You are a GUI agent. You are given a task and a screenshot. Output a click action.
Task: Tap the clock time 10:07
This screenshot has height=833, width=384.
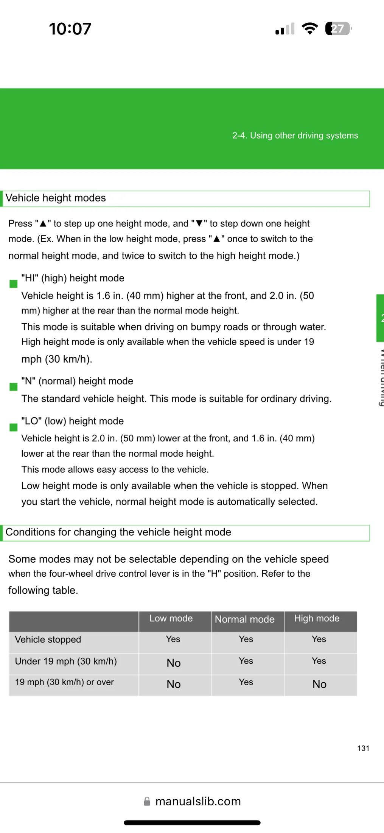[70, 29]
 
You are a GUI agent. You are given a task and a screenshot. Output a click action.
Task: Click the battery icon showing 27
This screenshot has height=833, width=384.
[338, 29]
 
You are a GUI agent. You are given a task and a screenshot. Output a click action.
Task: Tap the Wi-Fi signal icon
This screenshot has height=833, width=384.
[309, 29]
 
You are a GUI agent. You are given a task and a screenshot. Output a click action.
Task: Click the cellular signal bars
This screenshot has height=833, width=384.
[285, 29]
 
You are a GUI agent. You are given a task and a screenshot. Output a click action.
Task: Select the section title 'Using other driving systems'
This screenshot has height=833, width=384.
[295, 136]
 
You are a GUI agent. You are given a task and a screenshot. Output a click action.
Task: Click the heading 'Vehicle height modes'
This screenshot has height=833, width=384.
[56, 198]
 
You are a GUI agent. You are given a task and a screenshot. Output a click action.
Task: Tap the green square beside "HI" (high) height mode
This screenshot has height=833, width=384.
[14, 284]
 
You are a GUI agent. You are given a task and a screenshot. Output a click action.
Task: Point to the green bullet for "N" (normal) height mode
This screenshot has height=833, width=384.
[14, 387]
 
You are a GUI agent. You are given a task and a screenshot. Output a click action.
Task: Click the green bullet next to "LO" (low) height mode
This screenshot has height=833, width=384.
[14, 427]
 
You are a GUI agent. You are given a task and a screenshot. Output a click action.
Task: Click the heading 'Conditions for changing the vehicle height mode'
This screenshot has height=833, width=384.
[118, 532]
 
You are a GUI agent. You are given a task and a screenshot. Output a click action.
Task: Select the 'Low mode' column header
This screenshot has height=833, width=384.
[171, 618]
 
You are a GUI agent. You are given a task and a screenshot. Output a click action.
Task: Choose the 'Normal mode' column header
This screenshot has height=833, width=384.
[244, 619]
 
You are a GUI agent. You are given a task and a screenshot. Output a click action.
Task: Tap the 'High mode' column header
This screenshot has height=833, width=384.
[317, 618]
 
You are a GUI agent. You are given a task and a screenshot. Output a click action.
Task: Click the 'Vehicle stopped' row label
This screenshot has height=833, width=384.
[48, 640]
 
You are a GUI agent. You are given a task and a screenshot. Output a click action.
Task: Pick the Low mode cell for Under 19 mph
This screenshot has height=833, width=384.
[174, 663]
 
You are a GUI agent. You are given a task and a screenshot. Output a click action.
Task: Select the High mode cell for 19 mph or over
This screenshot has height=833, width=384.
[319, 684]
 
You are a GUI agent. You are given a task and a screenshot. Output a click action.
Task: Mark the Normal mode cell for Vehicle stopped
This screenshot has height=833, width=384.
[246, 639]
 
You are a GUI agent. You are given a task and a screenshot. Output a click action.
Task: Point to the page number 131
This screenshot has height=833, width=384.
[363, 748]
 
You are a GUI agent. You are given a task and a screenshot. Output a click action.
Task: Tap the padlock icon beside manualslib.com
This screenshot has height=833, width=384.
[147, 801]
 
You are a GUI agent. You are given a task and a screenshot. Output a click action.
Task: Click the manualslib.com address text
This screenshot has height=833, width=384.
[198, 801]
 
